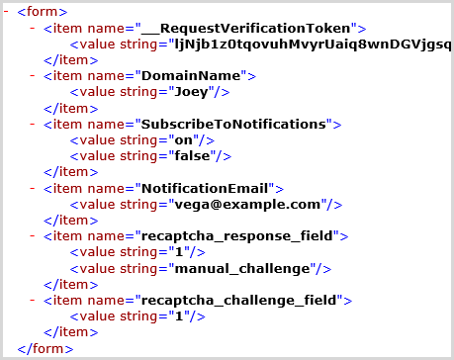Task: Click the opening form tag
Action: (42, 12)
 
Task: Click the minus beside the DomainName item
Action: (35, 76)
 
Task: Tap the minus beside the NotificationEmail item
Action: (35, 188)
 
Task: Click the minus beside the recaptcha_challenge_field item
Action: (35, 300)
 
